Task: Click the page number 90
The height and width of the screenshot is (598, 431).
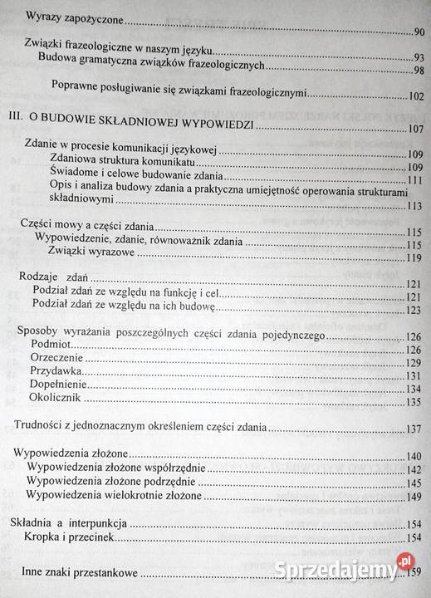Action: coord(417,32)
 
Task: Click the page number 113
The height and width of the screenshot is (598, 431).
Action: coord(415,207)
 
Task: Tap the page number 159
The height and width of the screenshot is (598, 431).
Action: coord(415,572)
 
